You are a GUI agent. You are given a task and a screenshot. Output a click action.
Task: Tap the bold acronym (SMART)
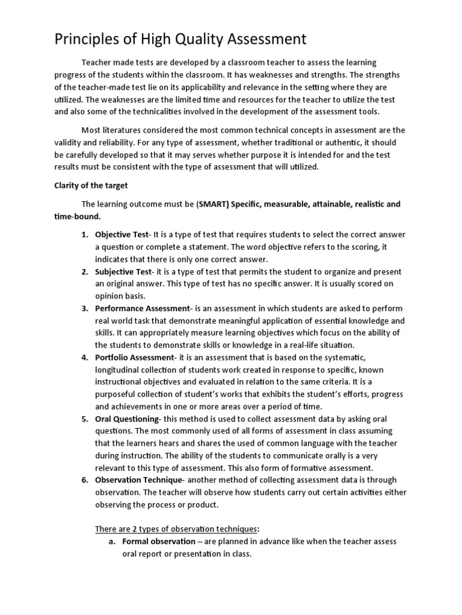[x=213, y=204]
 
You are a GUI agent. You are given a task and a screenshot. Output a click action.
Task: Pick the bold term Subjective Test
[x=123, y=271]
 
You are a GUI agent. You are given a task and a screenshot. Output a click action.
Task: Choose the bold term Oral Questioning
[x=127, y=419]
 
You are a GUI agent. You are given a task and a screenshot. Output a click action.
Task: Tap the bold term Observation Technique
[x=139, y=479]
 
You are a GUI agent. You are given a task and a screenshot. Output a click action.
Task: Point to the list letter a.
[x=112, y=541]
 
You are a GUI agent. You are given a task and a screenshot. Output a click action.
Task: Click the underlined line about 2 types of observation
[x=177, y=529]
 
